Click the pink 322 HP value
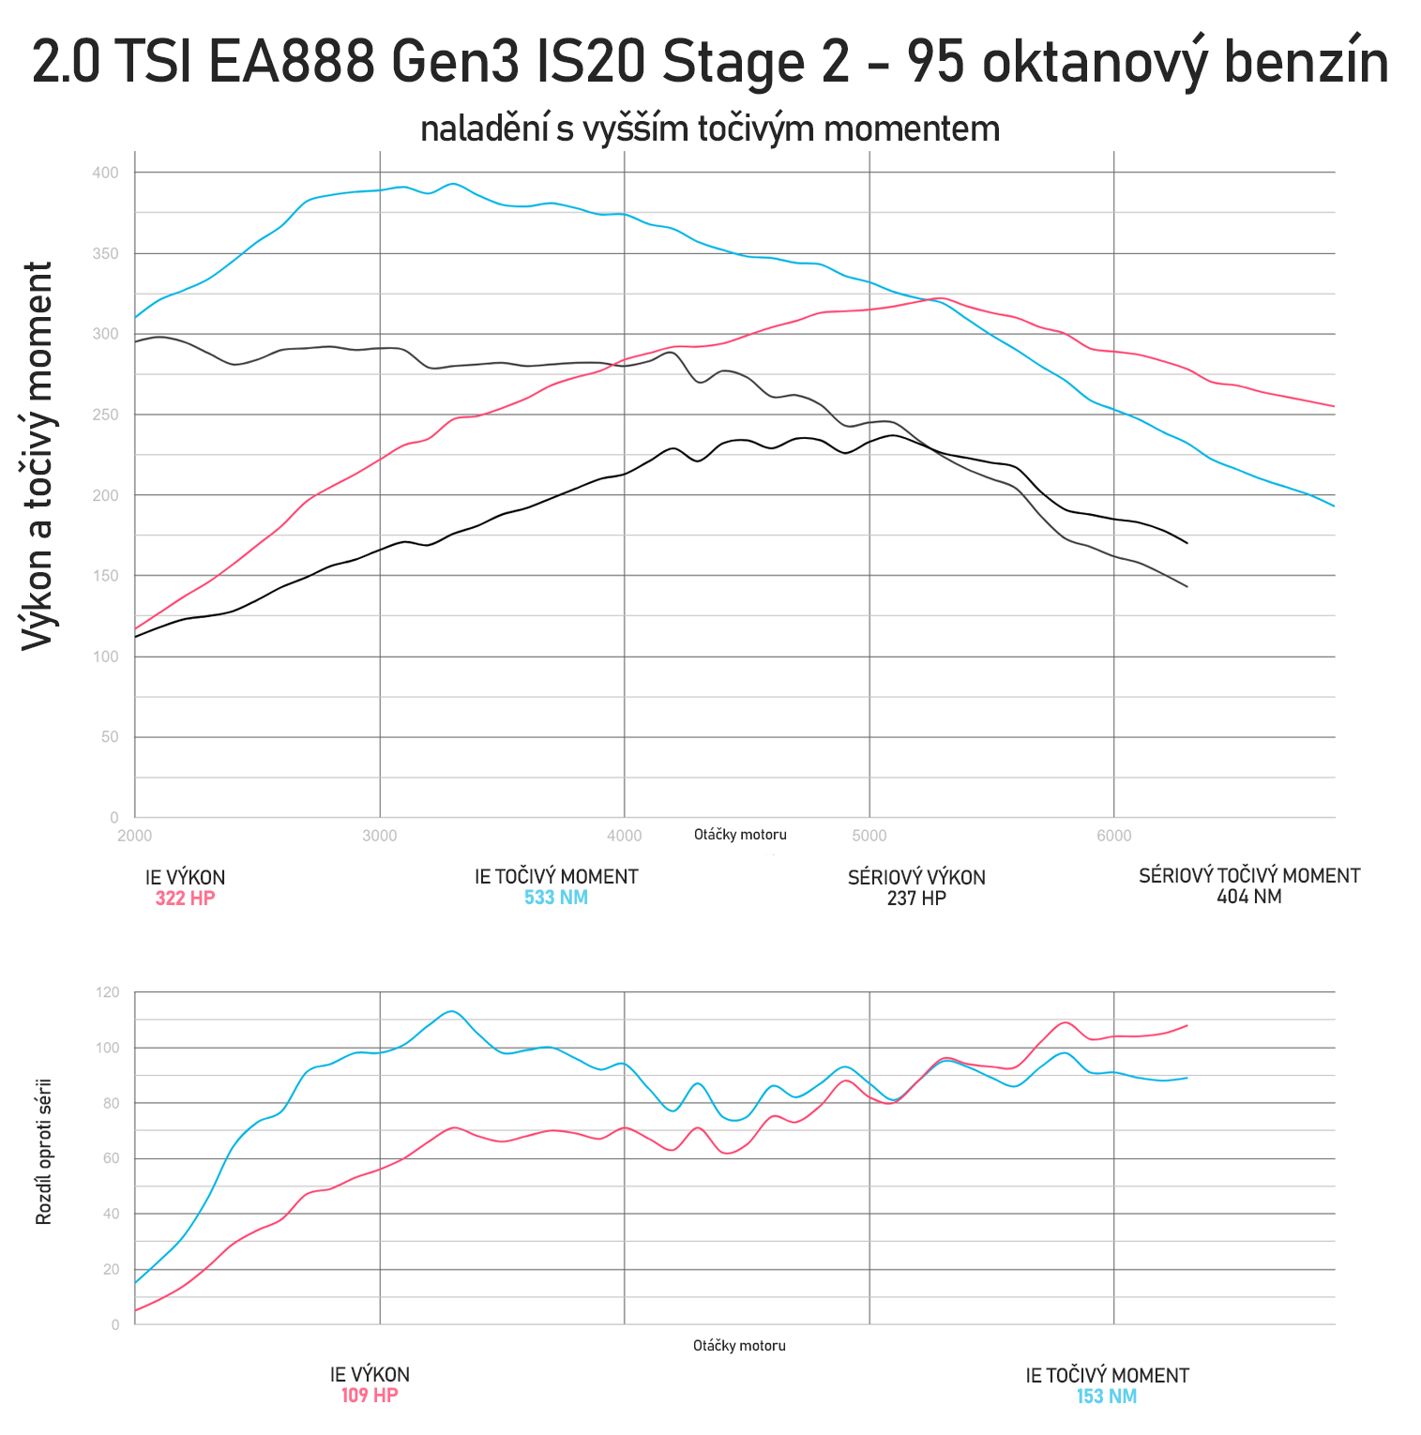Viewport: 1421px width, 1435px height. pos(185,899)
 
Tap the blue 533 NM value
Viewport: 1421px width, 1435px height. pos(556,898)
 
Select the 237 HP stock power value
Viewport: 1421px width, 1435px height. pos(916,899)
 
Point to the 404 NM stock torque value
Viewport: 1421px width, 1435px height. pos(1248,897)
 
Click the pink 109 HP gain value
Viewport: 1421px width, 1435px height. pos(370,1396)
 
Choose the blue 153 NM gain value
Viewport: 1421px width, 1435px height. pos(1107,1397)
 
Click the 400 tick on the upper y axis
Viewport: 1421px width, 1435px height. pos(106,173)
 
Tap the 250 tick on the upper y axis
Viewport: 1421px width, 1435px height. pos(106,415)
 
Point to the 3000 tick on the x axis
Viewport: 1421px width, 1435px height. pos(380,836)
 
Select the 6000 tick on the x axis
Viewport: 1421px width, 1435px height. pos(1114,836)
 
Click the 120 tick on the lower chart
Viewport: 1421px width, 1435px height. pos(109,992)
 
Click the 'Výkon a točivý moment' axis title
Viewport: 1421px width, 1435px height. pos(38,456)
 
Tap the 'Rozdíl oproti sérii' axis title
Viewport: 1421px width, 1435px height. pos(43,1152)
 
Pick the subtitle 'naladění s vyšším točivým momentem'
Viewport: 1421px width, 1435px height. pos(710,128)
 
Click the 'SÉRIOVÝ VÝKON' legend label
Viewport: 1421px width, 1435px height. pos(916,878)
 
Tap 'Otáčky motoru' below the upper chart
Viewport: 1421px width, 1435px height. pos(740,835)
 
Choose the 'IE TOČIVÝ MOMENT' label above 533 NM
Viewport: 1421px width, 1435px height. pos(556,877)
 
